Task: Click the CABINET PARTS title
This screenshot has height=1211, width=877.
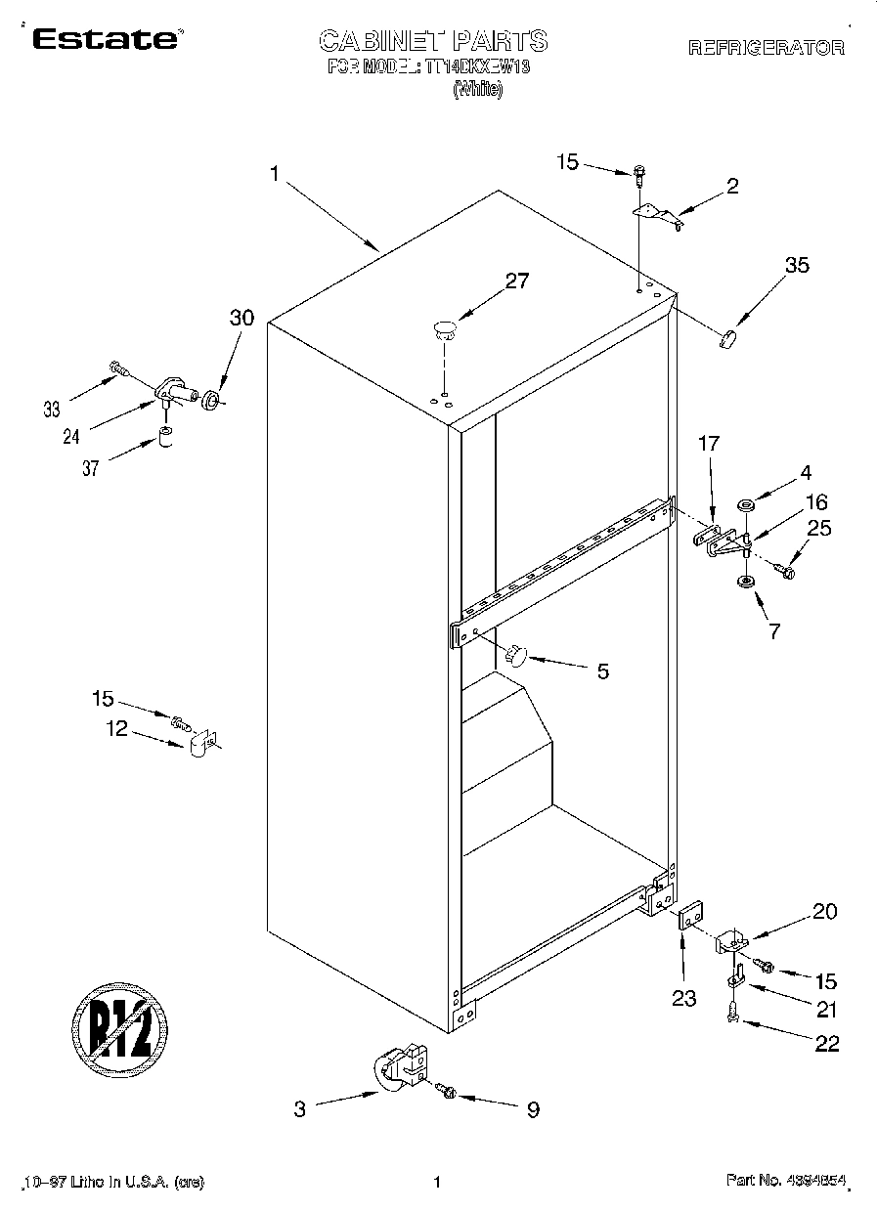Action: [x=433, y=40]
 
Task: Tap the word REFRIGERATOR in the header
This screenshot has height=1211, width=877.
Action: [x=767, y=47]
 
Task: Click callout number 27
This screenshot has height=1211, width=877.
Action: [x=516, y=281]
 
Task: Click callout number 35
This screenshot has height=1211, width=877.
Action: [x=797, y=264]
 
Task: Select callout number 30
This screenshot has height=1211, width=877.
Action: [x=241, y=317]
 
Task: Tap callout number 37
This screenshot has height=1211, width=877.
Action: [x=91, y=468]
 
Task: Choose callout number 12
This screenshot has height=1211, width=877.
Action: [x=117, y=728]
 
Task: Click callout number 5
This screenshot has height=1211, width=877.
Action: [x=602, y=670]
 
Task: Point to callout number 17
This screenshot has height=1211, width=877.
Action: [x=708, y=444]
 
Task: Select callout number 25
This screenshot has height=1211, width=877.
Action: [x=819, y=529]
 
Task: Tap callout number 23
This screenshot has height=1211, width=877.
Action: [x=683, y=998]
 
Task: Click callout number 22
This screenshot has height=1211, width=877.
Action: [x=826, y=1044]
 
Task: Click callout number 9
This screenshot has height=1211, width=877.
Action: [x=533, y=1109]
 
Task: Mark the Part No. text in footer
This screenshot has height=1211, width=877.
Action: [x=784, y=1182]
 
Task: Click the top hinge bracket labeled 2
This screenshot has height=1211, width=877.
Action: [x=658, y=214]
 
